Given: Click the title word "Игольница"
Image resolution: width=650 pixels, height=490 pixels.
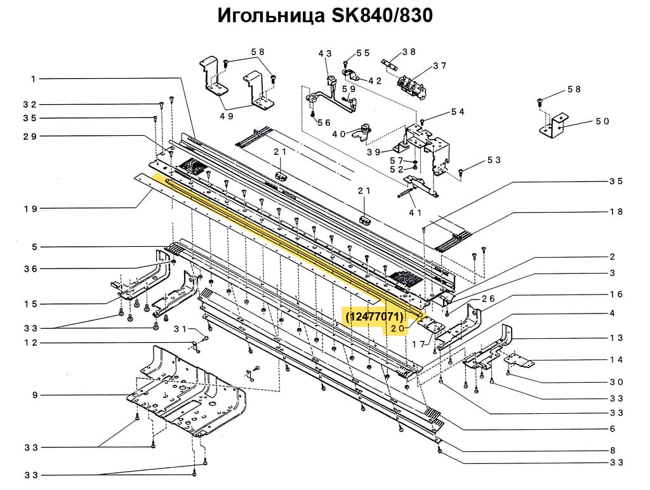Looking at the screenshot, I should pyautogui.click(x=269, y=15).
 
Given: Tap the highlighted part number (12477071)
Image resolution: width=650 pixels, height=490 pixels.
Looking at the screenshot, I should pyautogui.click(x=374, y=315).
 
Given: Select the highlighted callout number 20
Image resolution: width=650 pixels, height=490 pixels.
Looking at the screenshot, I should pyautogui.click(x=397, y=328).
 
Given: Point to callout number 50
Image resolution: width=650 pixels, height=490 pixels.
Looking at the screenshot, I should pyautogui.click(x=602, y=121).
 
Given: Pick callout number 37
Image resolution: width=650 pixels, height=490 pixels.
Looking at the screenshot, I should pyautogui.click(x=440, y=66).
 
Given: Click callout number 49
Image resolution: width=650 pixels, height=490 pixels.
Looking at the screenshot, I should pyautogui.click(x=227, y=116).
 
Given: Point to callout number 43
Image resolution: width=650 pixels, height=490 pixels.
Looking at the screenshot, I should pyautogui.click(x=325, y=54).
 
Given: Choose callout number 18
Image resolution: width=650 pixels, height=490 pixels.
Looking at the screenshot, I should pyautogui.click(x=616, y=212).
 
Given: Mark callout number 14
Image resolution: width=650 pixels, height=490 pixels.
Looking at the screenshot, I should pyautogui.click(x=616, y=360).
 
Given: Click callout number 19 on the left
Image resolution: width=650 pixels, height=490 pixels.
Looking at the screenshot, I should pyautogui.click(x=30, y=208).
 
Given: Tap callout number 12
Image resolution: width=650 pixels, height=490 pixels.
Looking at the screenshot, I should pyautogui.click(x=30, y=343).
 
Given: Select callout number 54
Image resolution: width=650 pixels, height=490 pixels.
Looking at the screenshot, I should pyautogui.click(x=458, y=112).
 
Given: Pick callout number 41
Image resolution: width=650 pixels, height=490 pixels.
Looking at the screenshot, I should pyautogui.click(x=416, y=212).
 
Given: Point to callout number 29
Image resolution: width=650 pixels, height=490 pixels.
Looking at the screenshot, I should pyautogui.click(x=30, y=136).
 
